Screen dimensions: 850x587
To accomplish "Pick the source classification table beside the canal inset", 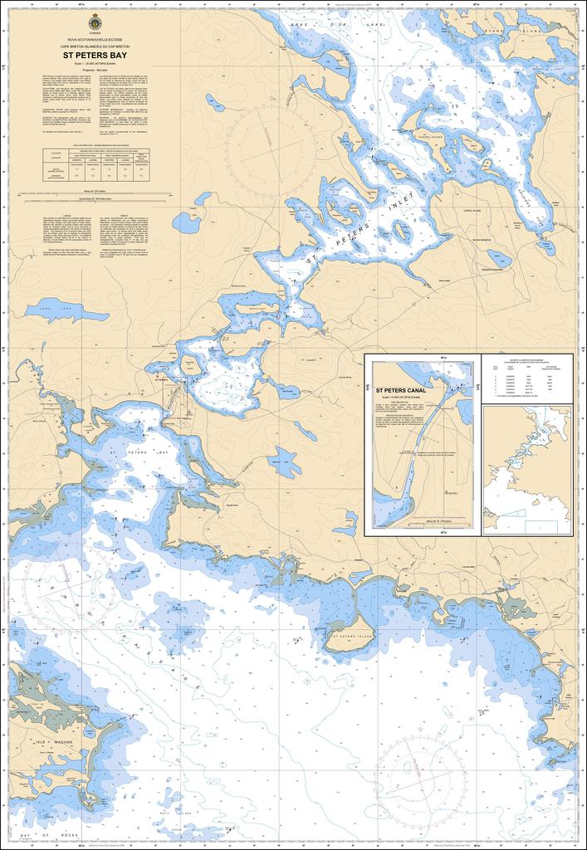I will click(x=526, y=379).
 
